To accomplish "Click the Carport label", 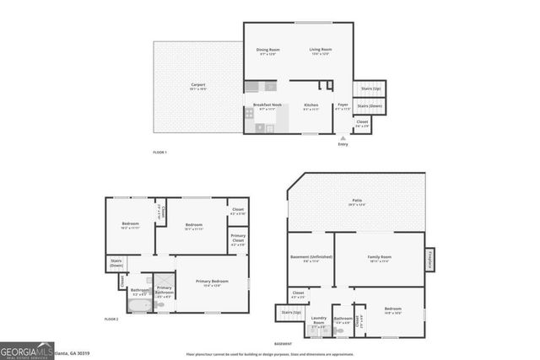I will pos(197,85).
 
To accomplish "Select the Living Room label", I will pos(320,51).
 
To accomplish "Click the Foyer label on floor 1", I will pos(343,105).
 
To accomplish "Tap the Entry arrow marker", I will pos(343,138).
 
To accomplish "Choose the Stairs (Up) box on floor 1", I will pos(370,88).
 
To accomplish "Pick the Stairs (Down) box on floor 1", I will pos(369,106).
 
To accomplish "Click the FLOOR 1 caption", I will pos(159,152).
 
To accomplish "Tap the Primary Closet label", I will pos(239,240).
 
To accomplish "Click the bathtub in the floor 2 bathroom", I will pos(138,305).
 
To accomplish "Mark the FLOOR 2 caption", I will pos(111,320).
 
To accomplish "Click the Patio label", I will pos(358,202).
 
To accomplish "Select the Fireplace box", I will pos(430,260).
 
